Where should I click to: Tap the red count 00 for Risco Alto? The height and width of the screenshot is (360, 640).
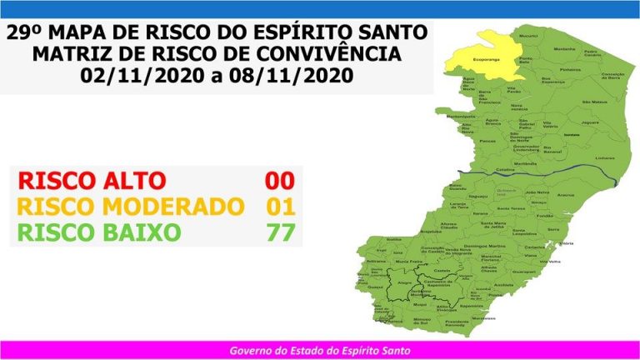[278, 180]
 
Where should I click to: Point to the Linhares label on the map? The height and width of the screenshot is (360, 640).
[582, 156]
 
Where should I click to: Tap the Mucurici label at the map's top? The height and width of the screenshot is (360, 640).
[527, 37]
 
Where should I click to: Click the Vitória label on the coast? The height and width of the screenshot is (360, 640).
[567, 243]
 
